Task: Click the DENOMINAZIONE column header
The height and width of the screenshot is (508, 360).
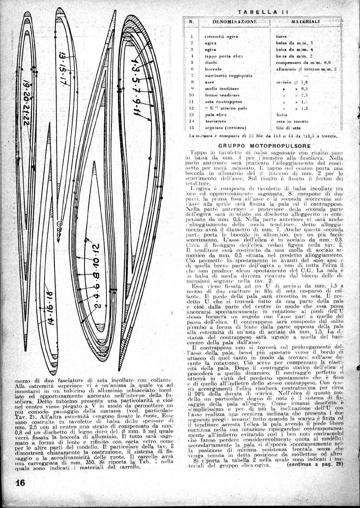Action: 234,22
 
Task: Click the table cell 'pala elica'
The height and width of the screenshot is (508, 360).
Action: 215,114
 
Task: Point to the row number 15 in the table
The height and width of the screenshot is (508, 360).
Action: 192,128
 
